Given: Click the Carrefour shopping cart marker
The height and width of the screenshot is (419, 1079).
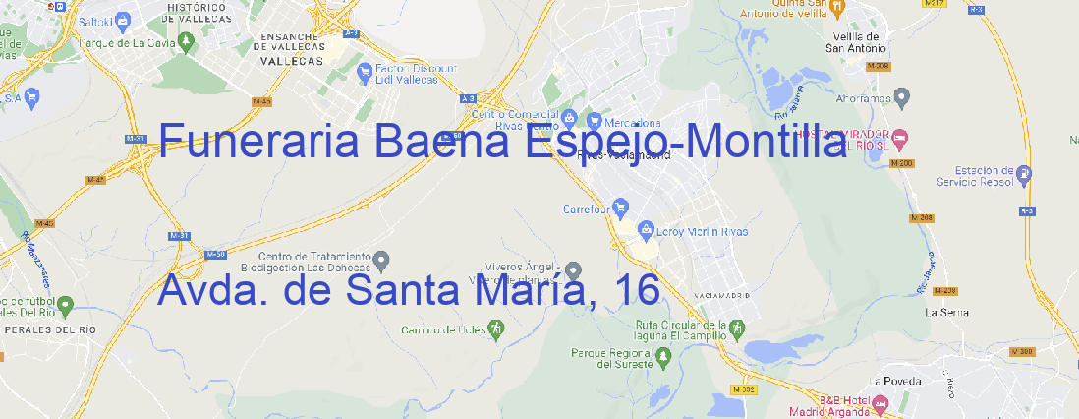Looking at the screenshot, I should pos(621,209).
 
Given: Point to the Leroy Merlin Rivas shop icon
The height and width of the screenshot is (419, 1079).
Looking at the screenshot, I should pos(646,231).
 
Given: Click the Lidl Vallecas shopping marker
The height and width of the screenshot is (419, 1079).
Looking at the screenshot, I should pos(363,70).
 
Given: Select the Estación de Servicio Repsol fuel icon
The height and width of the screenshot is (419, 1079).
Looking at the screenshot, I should pos(1026,174).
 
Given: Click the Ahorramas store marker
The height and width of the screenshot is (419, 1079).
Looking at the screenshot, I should pos(903,96).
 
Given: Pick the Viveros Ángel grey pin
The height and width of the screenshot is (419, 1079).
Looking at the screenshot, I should pos(574,270).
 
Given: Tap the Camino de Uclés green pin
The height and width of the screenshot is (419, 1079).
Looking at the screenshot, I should pos(495,330).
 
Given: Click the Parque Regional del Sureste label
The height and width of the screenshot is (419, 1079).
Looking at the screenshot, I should pos(611,358).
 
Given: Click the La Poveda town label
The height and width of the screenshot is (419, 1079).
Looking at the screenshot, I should pos(896,381).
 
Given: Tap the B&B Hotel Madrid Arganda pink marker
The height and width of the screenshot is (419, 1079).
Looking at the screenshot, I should pos(880,403).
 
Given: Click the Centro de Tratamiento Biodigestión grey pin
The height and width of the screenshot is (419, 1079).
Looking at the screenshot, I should pos(382,260).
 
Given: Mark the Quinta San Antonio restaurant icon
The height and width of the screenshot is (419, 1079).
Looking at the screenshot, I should pos(836,8).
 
